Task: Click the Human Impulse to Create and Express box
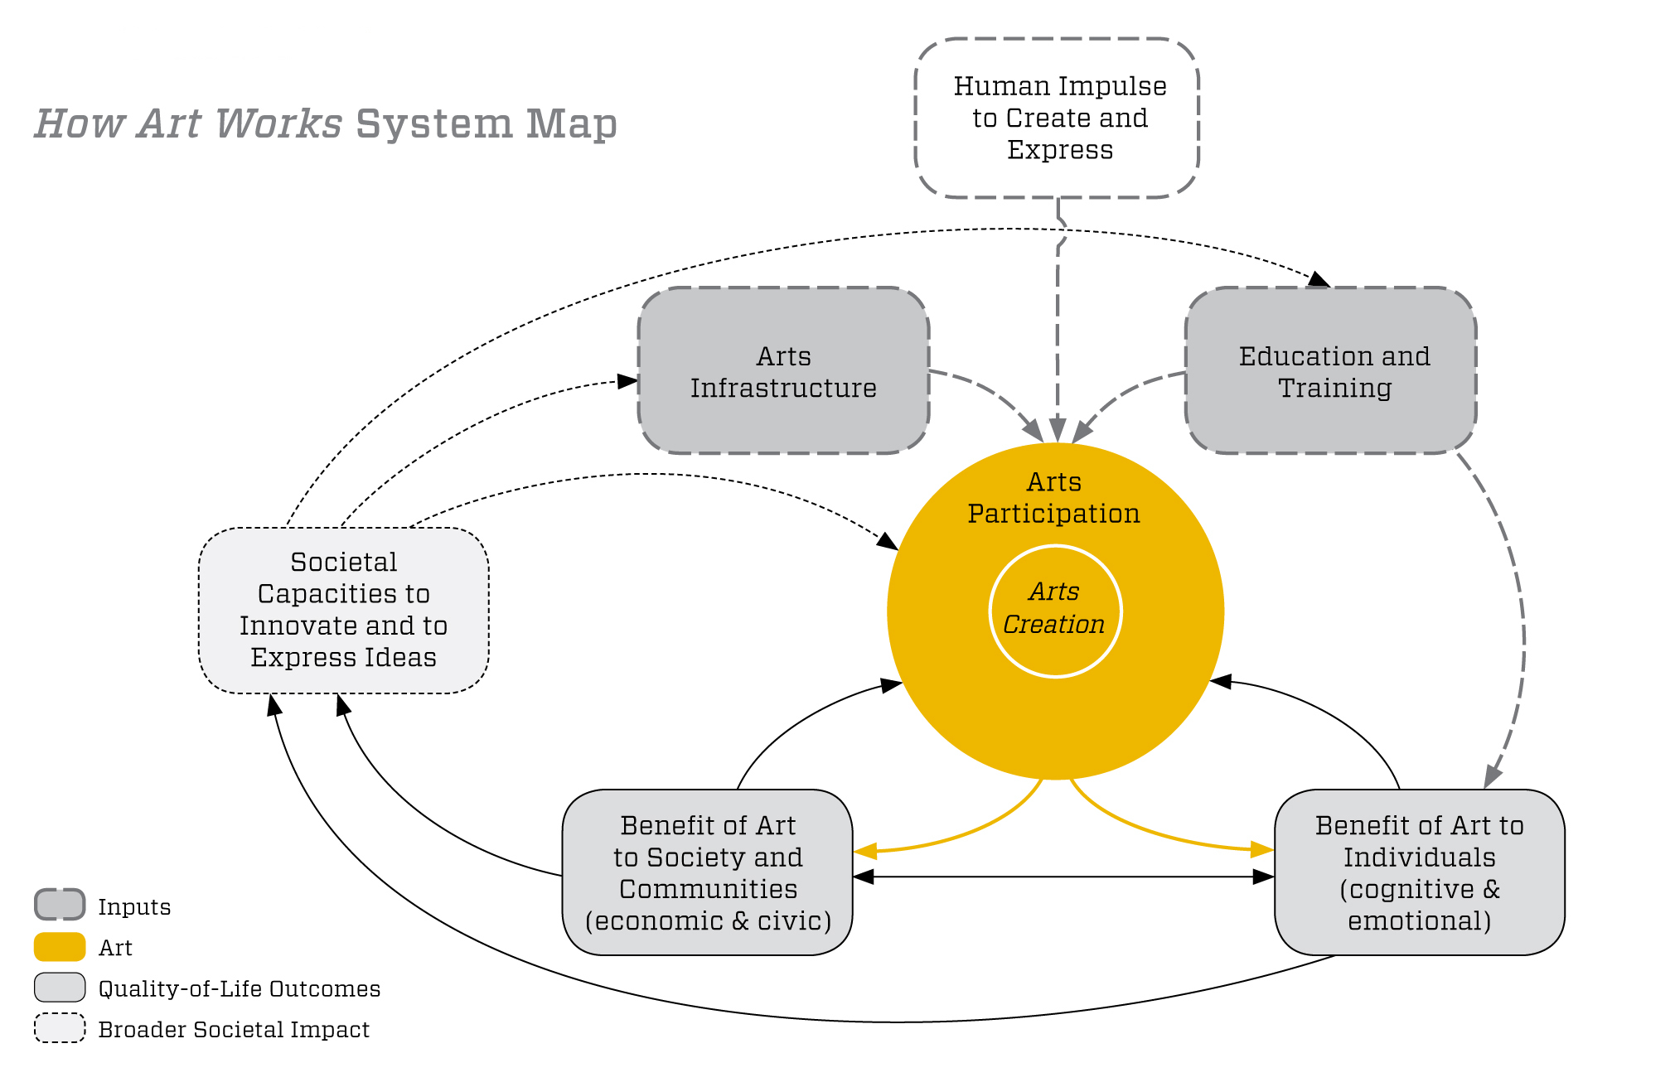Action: (x=1058, y=118)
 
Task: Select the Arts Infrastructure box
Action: (x=783, y=371)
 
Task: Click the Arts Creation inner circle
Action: (x=1055, y=611)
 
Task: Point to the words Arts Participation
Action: (x=1054, y=498)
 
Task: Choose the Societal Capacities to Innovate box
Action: (x=343, y=610)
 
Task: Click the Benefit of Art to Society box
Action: (x=708, y=872)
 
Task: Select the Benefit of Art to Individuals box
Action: (x=1419, y=872)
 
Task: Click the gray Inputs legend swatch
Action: (x=60, y=905)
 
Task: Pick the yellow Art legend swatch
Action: (x=60, y=947)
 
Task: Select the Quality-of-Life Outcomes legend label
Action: (x=239, y=988)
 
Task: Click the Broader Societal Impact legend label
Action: (x=234, y=1030)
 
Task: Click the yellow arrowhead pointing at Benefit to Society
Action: (x=865, y=851)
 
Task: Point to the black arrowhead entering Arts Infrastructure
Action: (x=628, y=381)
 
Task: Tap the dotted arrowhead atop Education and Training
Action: (x=1319, y=280)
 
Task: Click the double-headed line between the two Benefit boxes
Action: (x=1063, y=877)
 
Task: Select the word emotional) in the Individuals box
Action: (x=1419, y=921)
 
